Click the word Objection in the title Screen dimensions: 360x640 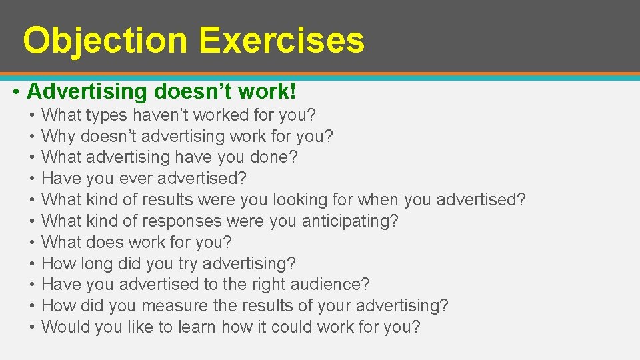(x=105, y=40)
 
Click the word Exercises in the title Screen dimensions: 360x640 (x=281, y=40)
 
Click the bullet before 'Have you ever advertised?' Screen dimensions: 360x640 (x=32, y=179)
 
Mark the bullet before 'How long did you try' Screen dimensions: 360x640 (x=32, y=263)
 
